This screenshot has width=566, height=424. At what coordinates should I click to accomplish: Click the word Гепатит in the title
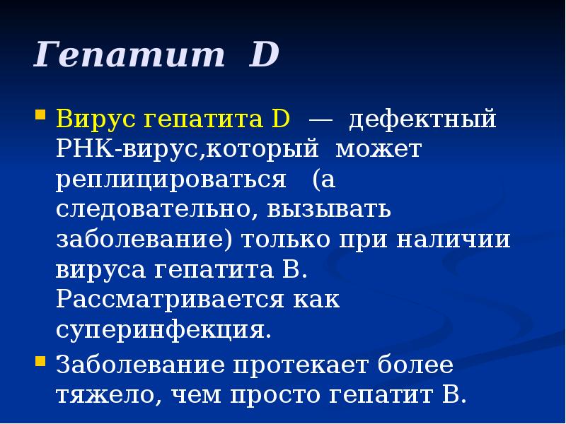(128, 55)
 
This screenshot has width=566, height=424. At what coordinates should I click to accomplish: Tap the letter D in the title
(264, 55)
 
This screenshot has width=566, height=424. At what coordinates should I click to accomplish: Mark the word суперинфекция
(163, 330)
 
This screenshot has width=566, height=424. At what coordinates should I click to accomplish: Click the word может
(379, 149)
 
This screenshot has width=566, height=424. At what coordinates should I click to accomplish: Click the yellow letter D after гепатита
(279, 119)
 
